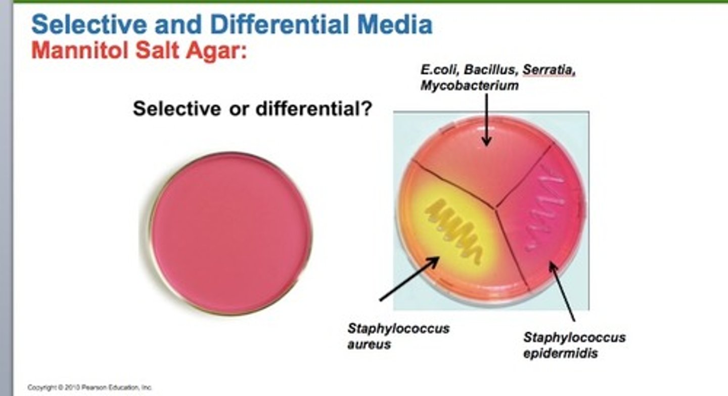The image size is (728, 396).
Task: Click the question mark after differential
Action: coord(367,109)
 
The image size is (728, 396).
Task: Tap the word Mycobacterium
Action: coord(469,85)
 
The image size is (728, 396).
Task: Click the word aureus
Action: coord(369,345)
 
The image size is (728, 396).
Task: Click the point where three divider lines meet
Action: coord(495,206)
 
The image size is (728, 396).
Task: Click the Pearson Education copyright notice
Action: coord(90,387)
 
